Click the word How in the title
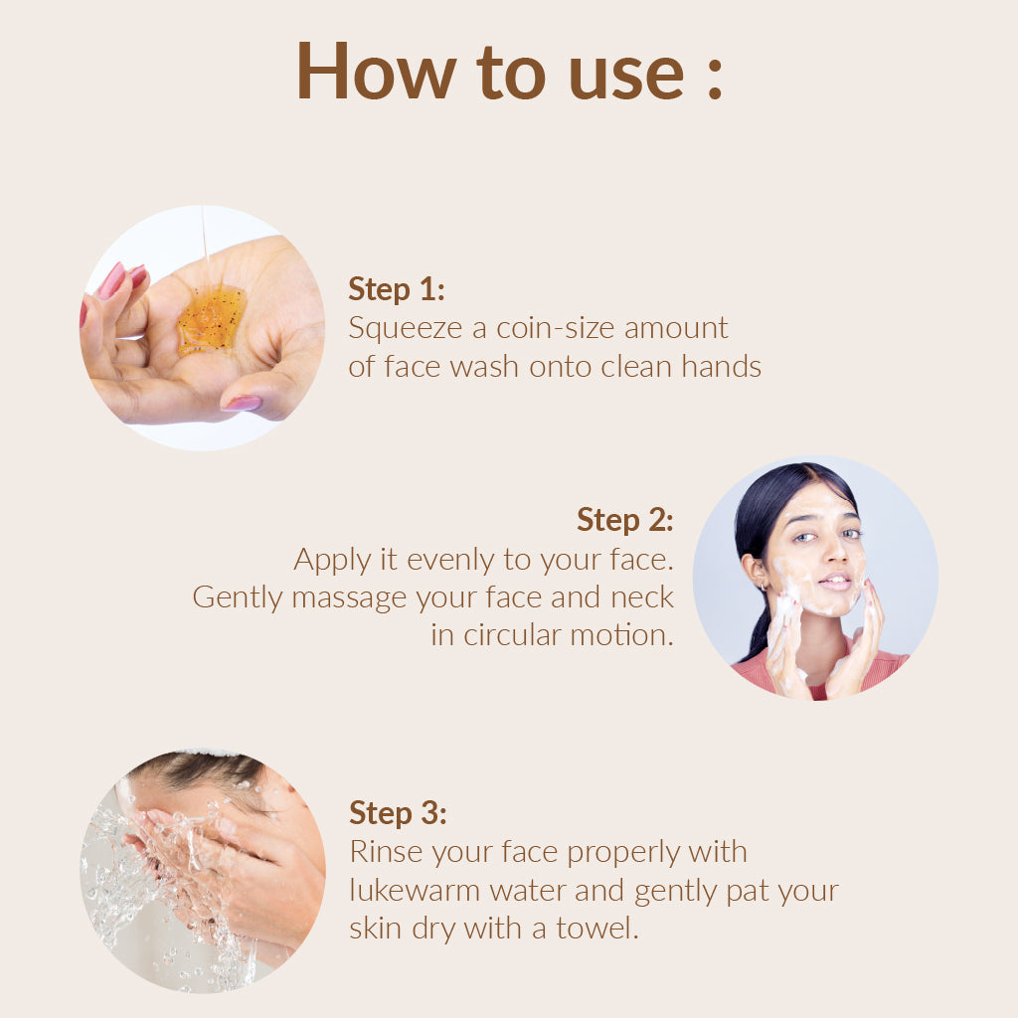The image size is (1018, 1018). [x=376, y=71]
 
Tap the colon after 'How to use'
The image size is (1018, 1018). [x=715, y=78]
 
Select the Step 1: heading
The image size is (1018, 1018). [x=397, y=289]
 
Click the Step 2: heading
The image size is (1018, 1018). [x=625, y=520]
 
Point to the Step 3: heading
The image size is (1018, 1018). [x=398, y=813]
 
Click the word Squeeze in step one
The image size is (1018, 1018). [x=406, y=329]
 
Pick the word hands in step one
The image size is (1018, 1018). [x=722, y=366]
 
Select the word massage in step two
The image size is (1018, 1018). [x=349, y=598]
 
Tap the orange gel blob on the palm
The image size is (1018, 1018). [x=212, y=319]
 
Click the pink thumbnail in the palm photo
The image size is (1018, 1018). [x=242, y=404]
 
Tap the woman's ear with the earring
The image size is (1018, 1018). [x=757, y=572]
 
